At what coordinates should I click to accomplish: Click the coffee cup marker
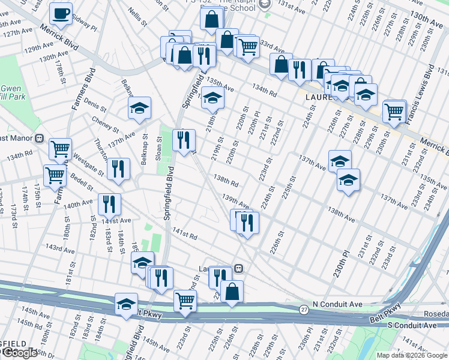tap(61, 13)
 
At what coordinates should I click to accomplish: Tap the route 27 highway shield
tap(304, 309)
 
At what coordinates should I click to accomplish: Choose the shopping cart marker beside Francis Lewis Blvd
tap(394, 110)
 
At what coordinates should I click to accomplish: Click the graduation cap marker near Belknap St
tap(139, 108)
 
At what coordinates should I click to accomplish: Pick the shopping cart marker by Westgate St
tap(60, 148)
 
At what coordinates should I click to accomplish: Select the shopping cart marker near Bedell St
tap(55, 175)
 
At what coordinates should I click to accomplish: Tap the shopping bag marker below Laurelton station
tap(232, 292)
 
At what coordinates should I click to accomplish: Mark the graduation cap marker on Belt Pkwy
tap(126, 304)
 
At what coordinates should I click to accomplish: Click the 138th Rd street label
tap(226, 181)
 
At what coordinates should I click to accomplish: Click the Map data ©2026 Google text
tap(412, 355)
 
